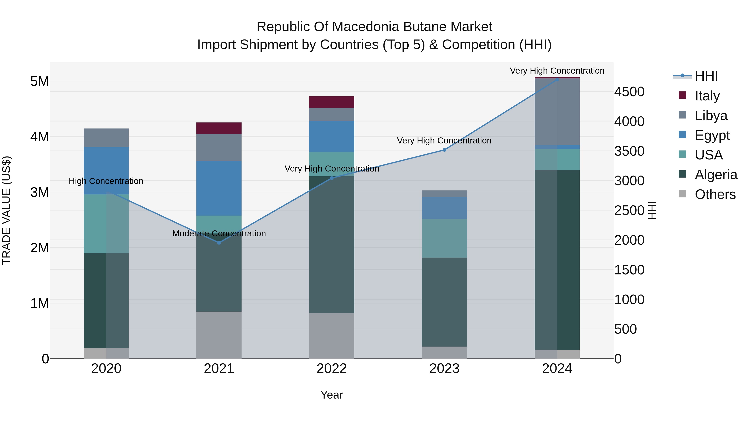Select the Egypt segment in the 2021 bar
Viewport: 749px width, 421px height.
pos(219,188)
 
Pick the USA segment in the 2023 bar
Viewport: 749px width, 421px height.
pos(444,238)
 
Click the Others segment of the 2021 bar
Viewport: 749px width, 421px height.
pos(219,335)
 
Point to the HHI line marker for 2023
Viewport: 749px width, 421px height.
pos(444,150)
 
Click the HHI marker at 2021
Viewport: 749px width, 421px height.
pos(219,243)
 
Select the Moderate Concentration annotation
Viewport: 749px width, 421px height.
pos(219,234)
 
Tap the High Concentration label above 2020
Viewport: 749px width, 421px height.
pos(106,181)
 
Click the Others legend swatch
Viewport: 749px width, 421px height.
pos(682,194)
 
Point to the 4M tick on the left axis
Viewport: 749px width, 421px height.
pos(40,137)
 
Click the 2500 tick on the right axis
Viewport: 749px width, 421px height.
pos(629,211)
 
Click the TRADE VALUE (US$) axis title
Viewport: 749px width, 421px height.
pos(6,210)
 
